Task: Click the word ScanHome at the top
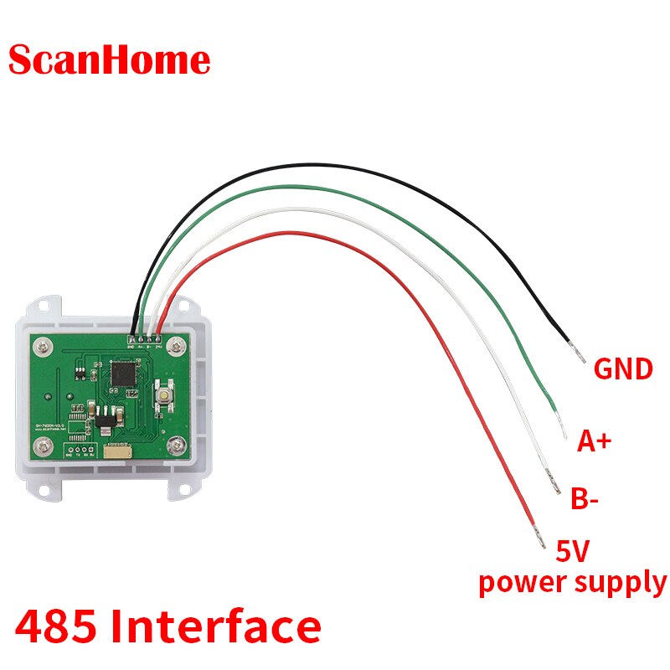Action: point(110,60)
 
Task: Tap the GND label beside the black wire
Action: point(622,369)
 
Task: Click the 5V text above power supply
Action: point(574,552)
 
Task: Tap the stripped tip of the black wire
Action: point(577,352)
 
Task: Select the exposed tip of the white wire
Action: point(554,484)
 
